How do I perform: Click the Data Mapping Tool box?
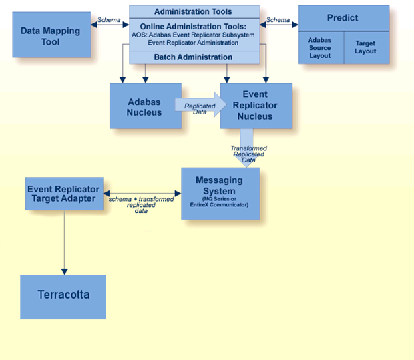(51, 36)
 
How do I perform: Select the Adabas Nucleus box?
(145, 106)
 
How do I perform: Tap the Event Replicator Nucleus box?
(256, 106)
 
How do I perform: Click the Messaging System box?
(220, 193)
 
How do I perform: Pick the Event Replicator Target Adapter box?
(64, 194)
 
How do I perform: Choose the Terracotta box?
(63, 295)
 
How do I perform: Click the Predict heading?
(343, 18)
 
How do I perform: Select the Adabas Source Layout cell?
(320, 47)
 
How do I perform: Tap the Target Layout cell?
(365, 47)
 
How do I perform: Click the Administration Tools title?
(193, 11)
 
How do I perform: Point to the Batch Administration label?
(193, 57)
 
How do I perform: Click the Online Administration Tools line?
(193, 27)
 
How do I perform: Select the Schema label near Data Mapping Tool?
(109, 20)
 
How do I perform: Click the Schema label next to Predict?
(278, 20)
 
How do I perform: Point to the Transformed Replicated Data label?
(249, 154)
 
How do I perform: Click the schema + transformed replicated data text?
(141, 202)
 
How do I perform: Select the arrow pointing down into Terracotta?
(65, 243)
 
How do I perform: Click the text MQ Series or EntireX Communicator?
(220, 201)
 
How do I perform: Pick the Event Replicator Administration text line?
(193, 43)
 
